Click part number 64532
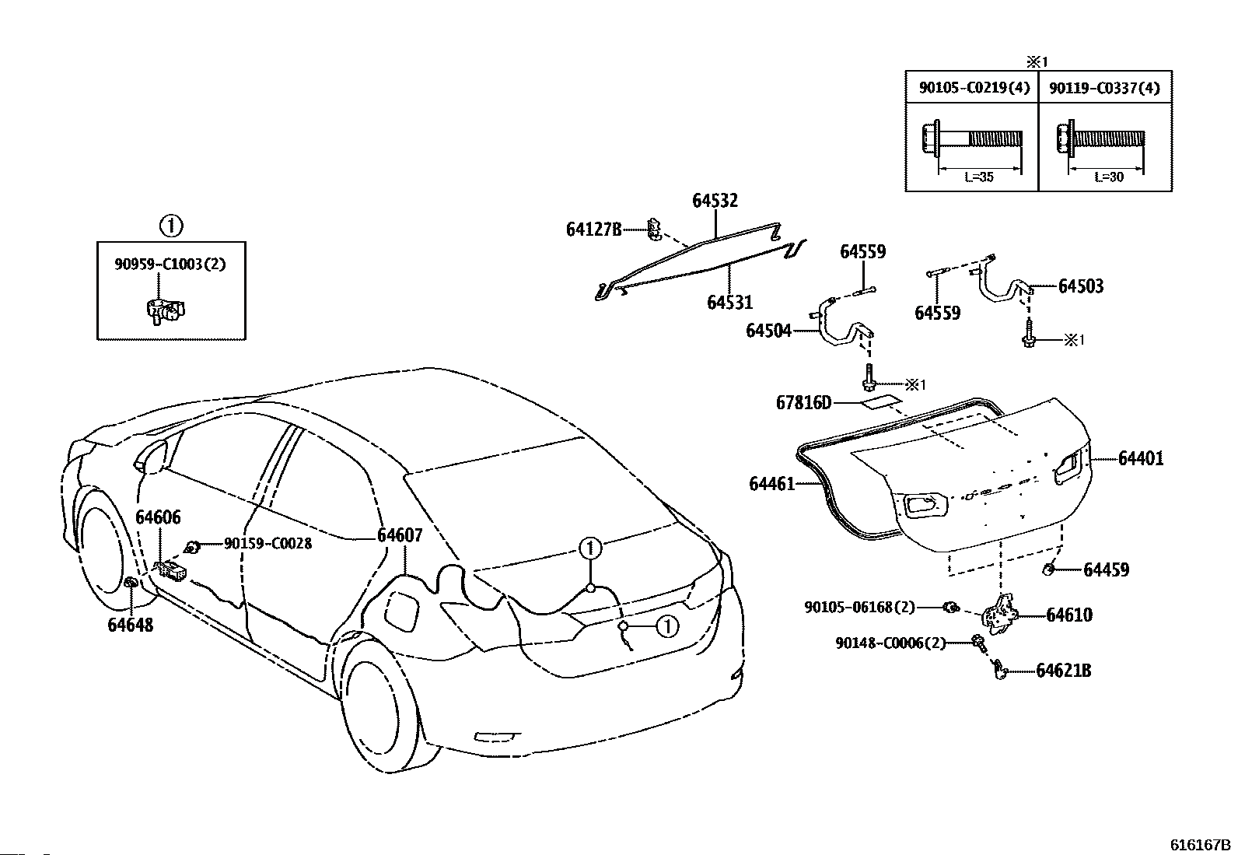[x=715, y=200]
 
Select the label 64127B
[x=593, y=229]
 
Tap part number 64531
[x=729, y=302]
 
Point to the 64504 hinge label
[x=769, y=330]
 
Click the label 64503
[x=1080, y=286]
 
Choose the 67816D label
[x=803, y=403]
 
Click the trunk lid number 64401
[x=1141, y=458]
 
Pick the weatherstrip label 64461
[x=771, y=484]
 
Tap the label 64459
[x=1106, y=569]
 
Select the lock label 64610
[x=1069, y=615]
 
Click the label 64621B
[x=1063, y=671]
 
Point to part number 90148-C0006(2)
[x=890, y=643]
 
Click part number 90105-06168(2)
[x=859, y=608]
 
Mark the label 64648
[x=130, y=625]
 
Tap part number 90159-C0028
[x=268, y=544]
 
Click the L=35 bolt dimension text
[x=979, y=177]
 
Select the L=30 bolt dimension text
[x=1109, y=177]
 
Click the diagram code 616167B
[x=1201, y=845]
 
